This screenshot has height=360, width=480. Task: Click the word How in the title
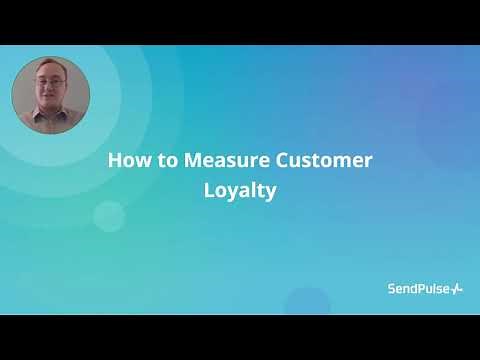click(125, 161)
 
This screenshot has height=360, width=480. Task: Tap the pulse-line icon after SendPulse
click(457, 289)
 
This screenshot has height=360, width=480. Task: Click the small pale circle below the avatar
click(108, 215)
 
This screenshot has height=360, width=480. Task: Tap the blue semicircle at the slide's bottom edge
click(307, 302)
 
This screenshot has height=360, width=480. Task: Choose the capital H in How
click(114, 161)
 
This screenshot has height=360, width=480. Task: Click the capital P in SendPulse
click(424, 289)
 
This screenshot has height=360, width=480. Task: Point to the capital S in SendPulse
click(392, 289)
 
